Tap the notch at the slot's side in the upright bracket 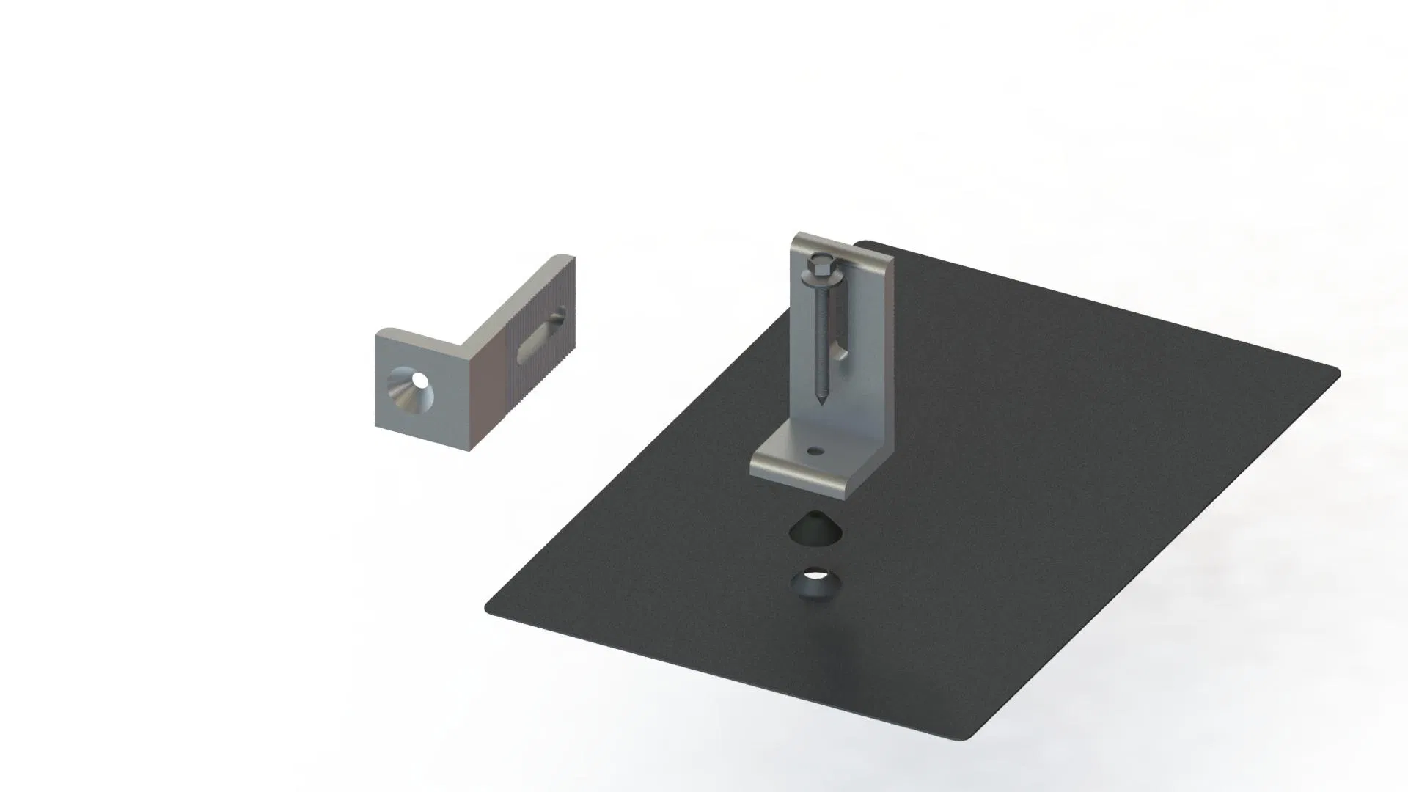[x=843, y=355]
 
